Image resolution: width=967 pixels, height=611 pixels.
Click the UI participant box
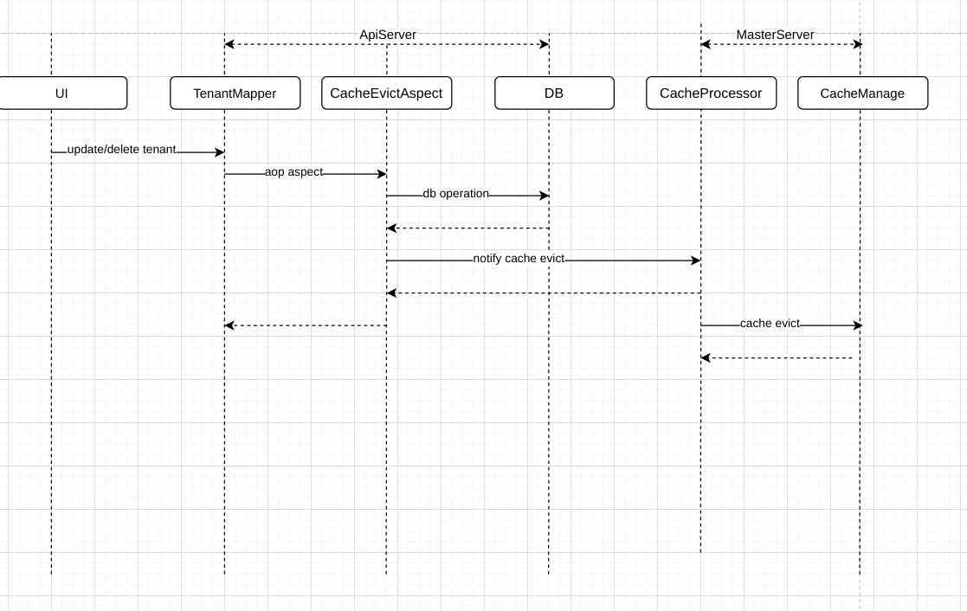(x=62, y=93)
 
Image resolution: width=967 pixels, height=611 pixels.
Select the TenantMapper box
(x=235, y=93)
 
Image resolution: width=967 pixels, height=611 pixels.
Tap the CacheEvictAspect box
(x=386, y=93)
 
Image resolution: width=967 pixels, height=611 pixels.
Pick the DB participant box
(x=554, y=93)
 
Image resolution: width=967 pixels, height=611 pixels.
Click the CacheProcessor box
(x=711, y=93)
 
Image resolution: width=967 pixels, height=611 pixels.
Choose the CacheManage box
(x=862, y=93)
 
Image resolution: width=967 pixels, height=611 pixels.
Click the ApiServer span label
(x=388, y=35)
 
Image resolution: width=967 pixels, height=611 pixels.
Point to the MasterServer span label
(x=775, y=35)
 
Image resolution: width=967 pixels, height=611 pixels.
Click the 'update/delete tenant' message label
(x=121, y=150)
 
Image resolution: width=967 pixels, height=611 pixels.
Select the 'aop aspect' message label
(x=293, y=172)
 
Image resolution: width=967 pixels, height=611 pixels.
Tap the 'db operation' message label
(x=455, y=194)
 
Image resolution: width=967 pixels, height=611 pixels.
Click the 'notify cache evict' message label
(x=519, y=259)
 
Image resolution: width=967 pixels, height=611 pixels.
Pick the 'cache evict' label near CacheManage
(x=770, y=324)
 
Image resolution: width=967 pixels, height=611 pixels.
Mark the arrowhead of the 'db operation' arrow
(x=545, y=196)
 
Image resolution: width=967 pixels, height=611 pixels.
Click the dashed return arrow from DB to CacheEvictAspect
(x=467, y=228)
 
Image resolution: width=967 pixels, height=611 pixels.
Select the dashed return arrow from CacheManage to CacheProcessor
(x=779, y=358)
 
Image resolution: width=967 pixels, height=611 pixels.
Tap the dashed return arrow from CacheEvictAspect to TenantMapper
(x=305, y=325)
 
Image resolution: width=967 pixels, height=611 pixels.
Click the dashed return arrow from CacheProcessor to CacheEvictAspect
(x=544, y=293)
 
